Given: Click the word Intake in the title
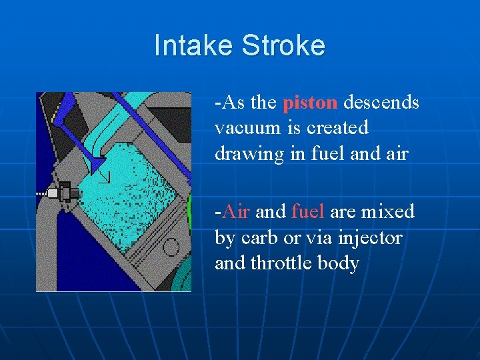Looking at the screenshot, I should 194,46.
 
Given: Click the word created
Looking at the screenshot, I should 336,128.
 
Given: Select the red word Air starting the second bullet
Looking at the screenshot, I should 235,212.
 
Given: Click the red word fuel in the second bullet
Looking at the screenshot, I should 307,212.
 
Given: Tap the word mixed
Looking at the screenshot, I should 387,212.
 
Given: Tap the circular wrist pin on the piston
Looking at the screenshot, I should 171,247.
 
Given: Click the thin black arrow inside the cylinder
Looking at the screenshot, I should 104,177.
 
